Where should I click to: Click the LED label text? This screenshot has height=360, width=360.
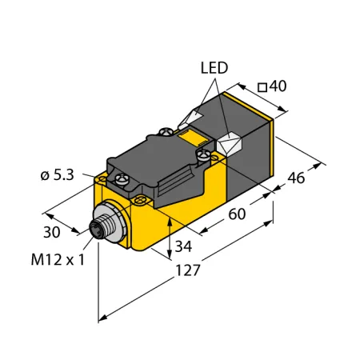tap(214, 68)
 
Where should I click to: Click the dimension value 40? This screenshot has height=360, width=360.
tap(278, 86)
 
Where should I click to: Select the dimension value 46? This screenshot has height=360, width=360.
tap(296, 178)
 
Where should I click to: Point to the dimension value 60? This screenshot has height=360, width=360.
tap(237, 214)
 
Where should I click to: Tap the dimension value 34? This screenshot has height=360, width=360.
tap(183, 246)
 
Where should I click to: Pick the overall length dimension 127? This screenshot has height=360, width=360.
tap(188, 270)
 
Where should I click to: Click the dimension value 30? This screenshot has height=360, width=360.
tap(52, 232)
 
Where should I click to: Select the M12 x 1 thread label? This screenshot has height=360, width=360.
tap(58, 259)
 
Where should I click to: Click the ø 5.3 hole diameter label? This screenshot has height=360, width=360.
tap(58, 175)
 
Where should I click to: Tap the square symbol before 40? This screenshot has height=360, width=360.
tap(262, 87)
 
